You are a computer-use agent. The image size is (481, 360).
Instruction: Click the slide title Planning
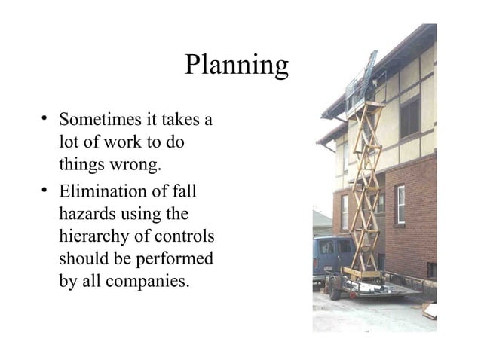point(236,67)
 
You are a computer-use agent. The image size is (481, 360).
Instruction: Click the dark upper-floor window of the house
point(409,117)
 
